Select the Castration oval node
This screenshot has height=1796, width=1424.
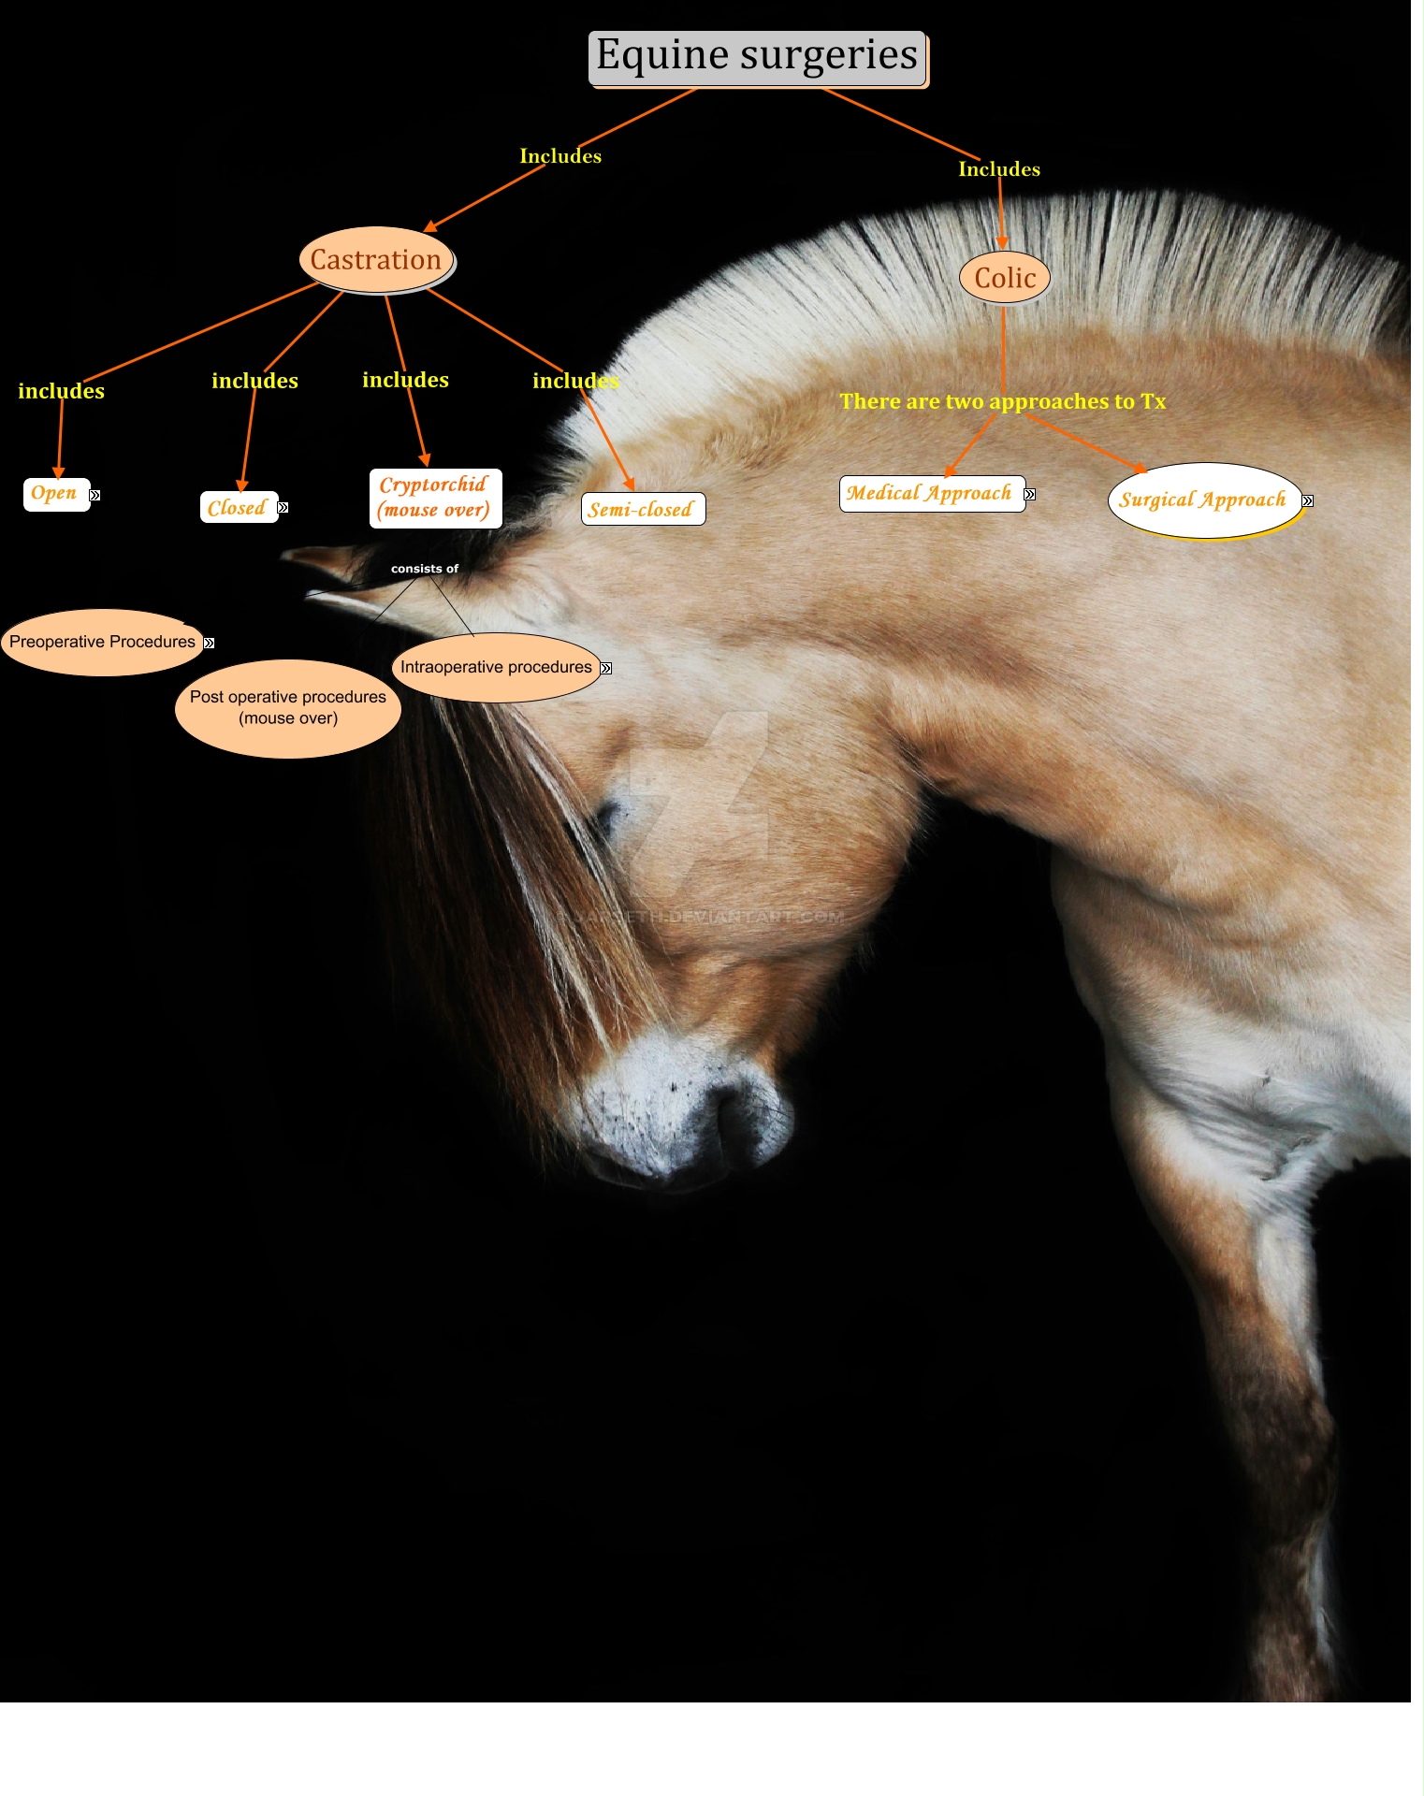point(376,260)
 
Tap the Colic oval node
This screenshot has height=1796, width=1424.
point(1005,278)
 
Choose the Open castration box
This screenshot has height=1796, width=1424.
point(55,494)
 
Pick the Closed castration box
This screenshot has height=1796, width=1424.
point(238,508)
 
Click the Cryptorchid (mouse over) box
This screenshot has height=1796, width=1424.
point(435,499)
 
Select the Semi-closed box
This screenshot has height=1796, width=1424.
point(643,510)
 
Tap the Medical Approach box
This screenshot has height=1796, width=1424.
point(930,494)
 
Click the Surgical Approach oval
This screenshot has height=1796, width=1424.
point(1203,500)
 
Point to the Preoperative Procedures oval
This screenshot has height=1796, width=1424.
point(102,643)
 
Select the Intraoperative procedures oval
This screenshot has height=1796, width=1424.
point(496,668)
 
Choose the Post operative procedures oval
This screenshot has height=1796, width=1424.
point(288,708)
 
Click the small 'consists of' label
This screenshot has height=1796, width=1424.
point(425,569)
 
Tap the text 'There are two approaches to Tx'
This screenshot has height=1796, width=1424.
point(1002,402)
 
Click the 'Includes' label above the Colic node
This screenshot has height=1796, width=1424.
point(999,170)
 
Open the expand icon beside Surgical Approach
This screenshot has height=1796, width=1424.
point(1308,501)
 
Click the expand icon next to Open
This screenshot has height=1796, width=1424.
point(94,496)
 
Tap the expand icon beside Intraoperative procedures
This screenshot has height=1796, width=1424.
point(606,669)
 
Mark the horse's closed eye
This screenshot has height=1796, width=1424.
point(606,818)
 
